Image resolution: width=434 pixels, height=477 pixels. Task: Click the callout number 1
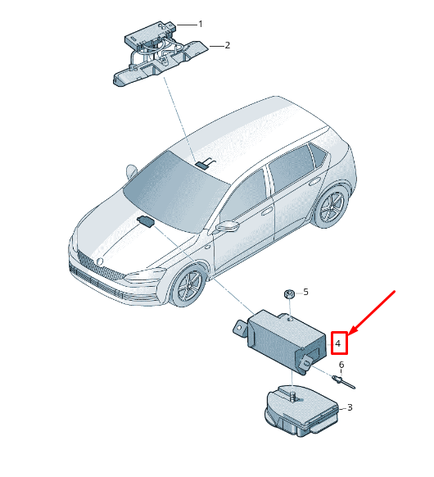(201, 24)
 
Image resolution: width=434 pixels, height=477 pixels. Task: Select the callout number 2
(228, 45)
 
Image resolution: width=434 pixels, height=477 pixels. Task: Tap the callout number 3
(350, 407)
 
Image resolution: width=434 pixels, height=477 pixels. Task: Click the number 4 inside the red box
(338, 343)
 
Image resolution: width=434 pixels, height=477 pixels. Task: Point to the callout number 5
(305, 292)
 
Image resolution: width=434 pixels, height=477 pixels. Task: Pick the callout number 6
(341, 365)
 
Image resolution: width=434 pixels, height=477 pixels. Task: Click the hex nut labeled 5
(289, 294)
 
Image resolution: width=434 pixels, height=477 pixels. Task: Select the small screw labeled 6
(343, 381)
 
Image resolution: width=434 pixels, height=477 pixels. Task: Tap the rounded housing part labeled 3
(301, 411)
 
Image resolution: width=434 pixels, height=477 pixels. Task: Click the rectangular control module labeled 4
(283, 341)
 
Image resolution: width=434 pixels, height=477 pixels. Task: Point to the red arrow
(372, 313)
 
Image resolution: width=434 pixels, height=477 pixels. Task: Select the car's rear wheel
(331, 207)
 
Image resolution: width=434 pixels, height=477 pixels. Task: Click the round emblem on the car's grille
(99, 261)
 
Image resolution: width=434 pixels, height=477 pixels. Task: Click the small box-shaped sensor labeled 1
(150, 34)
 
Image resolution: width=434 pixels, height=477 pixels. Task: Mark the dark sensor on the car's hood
(147, 221)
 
